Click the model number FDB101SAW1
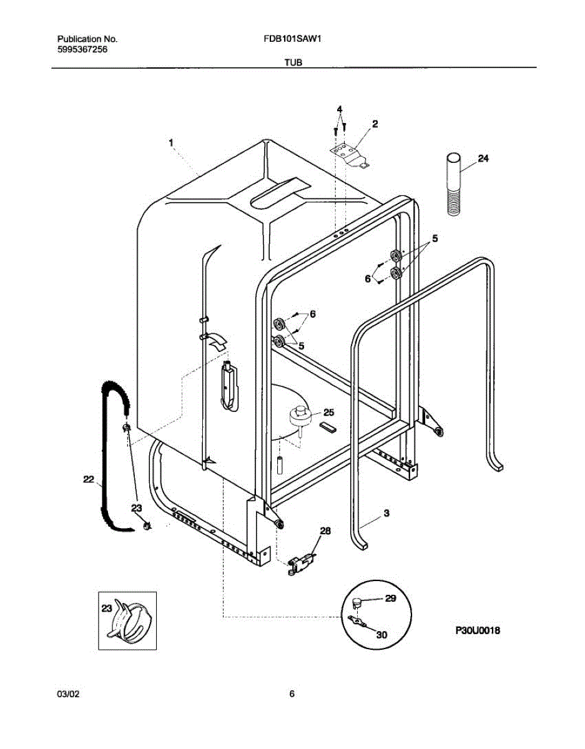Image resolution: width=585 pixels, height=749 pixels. coord(293,39)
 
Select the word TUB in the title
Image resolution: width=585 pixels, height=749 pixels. coord(293,63)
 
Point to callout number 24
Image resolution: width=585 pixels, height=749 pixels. coord(483,159)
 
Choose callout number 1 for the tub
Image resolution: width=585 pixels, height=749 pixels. coord(170,144)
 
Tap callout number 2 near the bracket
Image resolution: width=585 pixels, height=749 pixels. coord(375,124)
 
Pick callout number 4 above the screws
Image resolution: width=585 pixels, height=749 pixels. coord(340,110)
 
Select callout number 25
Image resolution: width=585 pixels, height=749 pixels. coord(329,413)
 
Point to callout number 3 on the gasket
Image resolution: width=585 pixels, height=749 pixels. coord(386,513)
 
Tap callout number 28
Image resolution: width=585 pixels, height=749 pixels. coord(325,531)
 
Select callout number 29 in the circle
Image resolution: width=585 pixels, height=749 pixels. coord(390,598)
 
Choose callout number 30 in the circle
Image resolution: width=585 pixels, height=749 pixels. coord(381,634)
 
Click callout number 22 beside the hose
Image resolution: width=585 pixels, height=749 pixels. coord(88,479)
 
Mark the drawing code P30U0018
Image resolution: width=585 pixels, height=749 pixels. coord(477,631)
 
